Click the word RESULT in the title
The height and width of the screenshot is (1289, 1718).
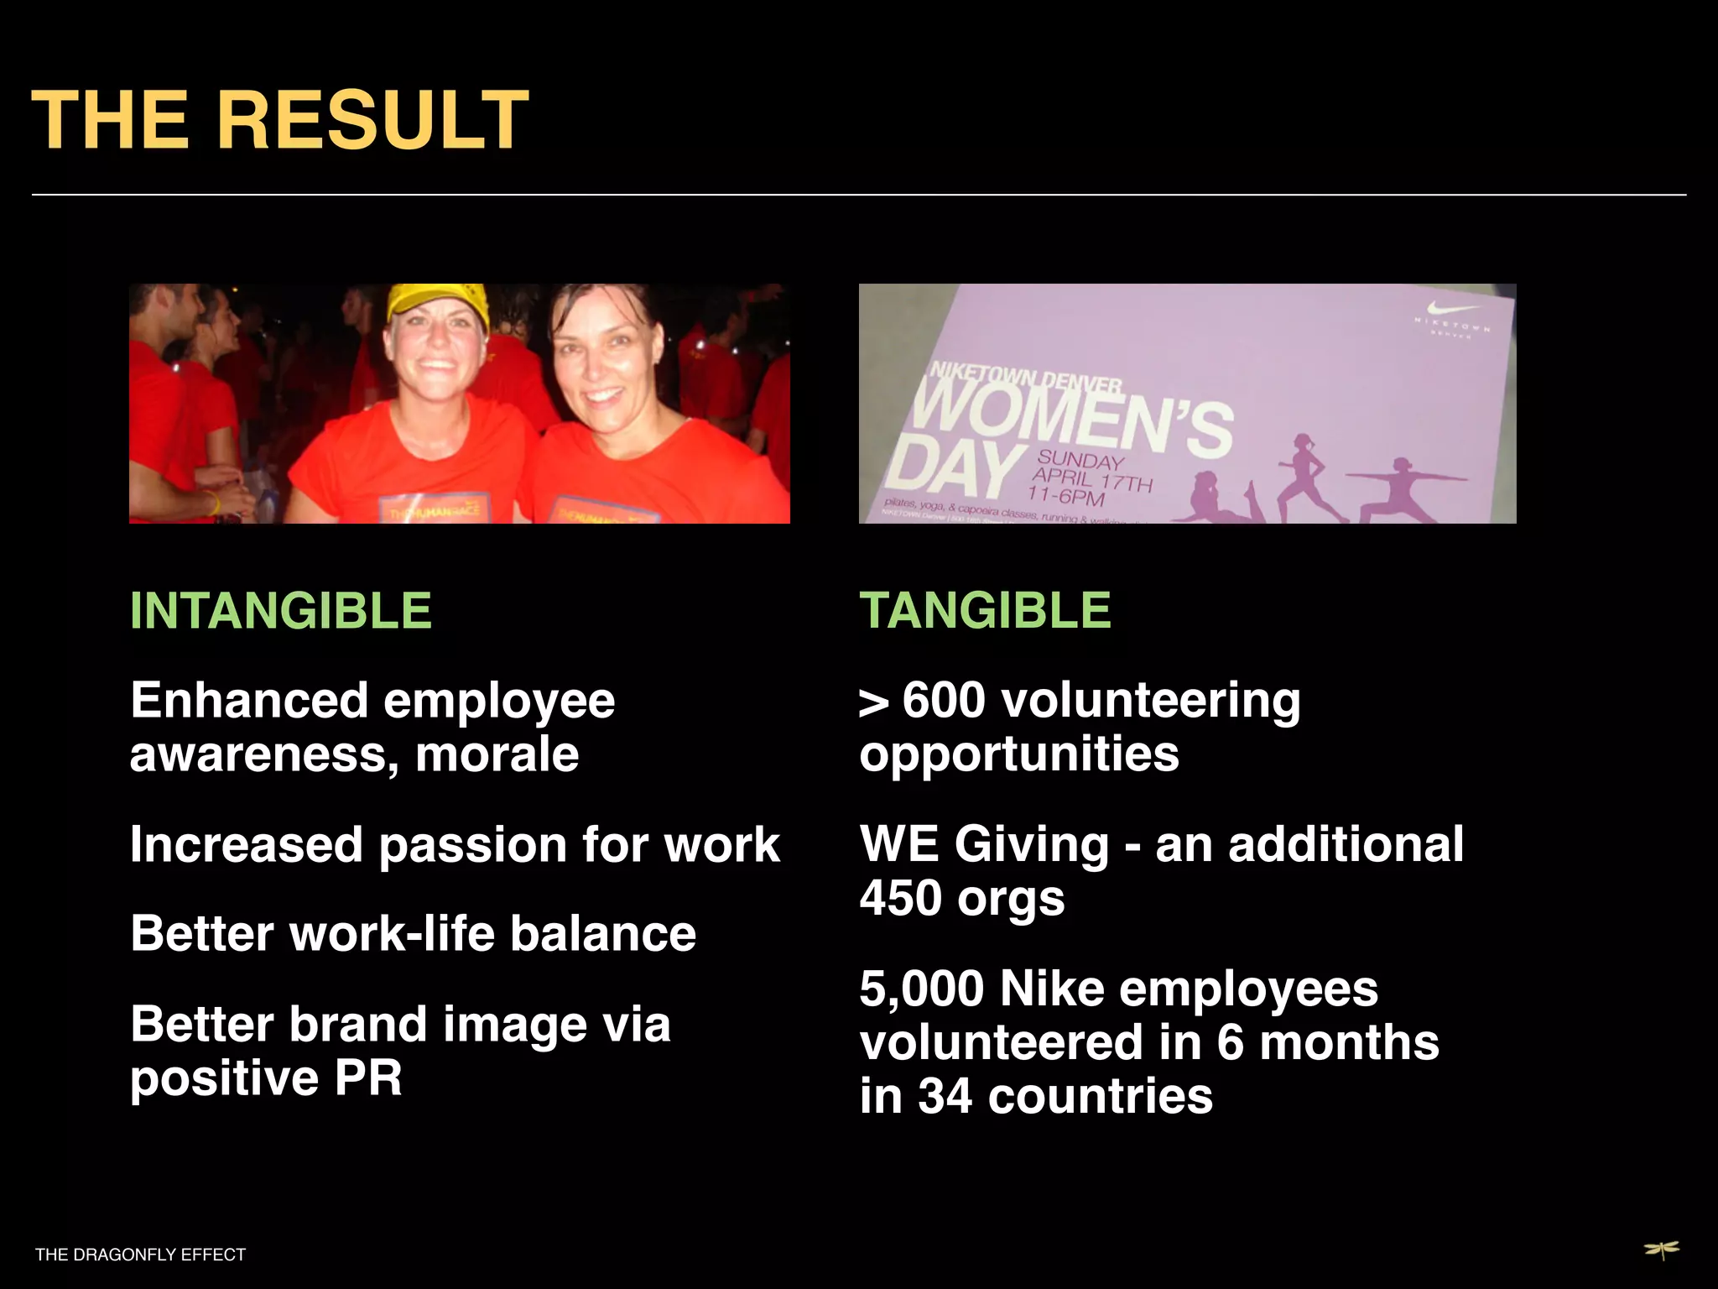click(x=373, y=120)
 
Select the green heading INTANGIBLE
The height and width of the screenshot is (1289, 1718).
click(x=280, y=610)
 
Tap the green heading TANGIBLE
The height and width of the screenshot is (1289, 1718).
click(x=985, y=610)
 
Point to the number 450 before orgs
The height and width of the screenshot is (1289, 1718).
click(x=901, y=898)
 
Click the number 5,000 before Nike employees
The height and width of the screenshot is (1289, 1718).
click(x=921, y=989)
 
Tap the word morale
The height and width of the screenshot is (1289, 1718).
click(x=497, y=754)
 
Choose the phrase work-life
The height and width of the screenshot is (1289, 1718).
click(x=392, y=934)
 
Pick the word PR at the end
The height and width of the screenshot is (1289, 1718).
click(x=368, y=1078)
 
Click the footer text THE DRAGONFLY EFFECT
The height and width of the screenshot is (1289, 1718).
click(x=140, y=1255)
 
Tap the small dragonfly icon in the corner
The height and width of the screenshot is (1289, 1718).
click(x=1661, y=1250)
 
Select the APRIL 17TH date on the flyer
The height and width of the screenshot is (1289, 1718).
click(x=1092, y=480)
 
